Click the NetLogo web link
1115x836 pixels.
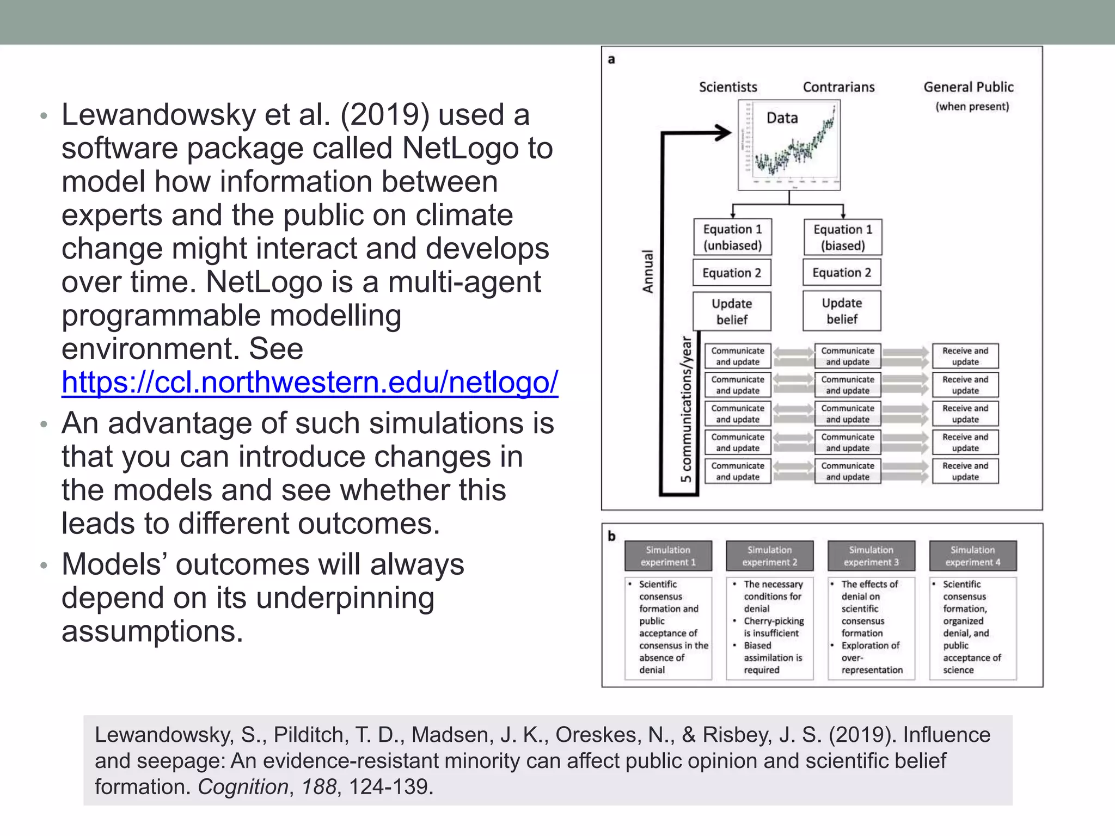[x=310, y=382]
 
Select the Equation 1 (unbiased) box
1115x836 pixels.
[x=732, y=237]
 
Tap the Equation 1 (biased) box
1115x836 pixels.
[x=843, y=237]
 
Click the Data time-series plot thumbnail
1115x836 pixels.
[x=789, y=146]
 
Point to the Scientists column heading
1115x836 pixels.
[x=728, y=87]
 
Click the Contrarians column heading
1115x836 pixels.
[x=838, y=87]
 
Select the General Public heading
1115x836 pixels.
[x=969, y=87]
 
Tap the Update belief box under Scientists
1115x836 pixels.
[x=732, y=311]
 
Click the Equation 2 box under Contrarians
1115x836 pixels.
[x=842, y=273]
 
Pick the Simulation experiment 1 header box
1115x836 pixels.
[x=668, y=556]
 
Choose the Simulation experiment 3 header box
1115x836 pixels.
[x=871, y=556]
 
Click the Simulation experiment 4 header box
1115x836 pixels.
[x=972, y=556]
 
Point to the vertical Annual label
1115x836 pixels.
[x=648, y=271]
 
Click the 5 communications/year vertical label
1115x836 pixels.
[x=686, y=409]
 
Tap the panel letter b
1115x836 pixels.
[x=611, y=536]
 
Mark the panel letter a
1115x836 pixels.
[x=611, y=59]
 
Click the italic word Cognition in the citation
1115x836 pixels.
[x=243, y=787]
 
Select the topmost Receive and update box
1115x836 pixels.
[x=965, y=356]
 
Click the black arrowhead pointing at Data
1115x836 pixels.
[x=724, y=132]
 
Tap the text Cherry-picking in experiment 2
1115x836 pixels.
[x=774, y=621]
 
